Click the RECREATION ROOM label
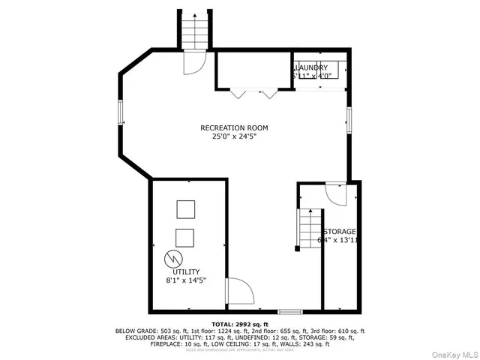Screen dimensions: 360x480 [233, 127]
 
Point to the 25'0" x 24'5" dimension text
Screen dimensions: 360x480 [233, 136]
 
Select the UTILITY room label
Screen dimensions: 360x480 [187, 271]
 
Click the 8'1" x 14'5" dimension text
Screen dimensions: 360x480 [186, 280]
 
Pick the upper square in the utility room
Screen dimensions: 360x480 [185, 208]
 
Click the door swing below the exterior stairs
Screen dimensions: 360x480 [192, 63]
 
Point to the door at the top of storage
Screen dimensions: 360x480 [337, 192]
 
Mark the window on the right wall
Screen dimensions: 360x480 [349, 120]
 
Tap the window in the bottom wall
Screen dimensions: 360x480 [290, 310]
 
